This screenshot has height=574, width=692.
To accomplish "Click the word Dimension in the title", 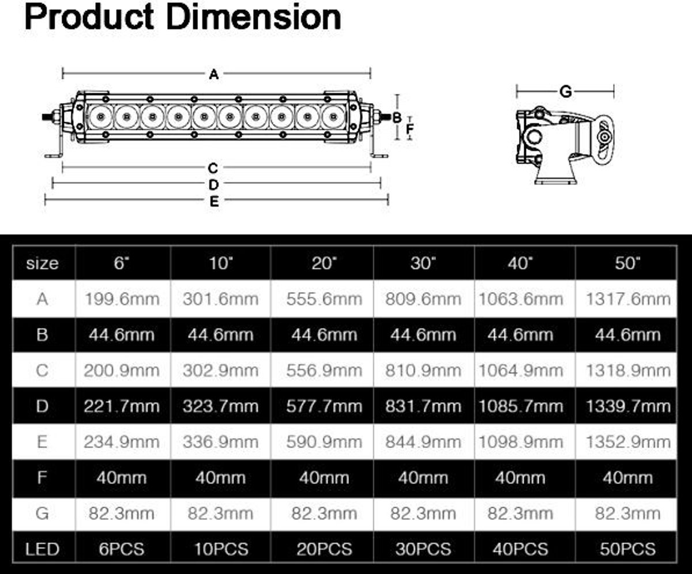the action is tap(254, 17).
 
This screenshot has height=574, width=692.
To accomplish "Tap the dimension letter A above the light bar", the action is tap(214, 74).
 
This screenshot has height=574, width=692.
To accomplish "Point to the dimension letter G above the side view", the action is tap(565, 92).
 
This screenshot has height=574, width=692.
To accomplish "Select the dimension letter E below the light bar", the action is tap(214, 201).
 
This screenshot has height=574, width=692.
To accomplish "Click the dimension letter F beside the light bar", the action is tap(409, 128).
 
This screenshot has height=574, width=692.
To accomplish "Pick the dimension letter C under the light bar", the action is tap(213, 168).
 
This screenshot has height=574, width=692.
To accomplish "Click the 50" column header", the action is tap(627, 263).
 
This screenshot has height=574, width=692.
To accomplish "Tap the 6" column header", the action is tap(121, 263).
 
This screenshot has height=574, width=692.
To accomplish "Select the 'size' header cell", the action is tap(43, 263).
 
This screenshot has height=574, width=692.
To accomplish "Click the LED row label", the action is tap(43, 549).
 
